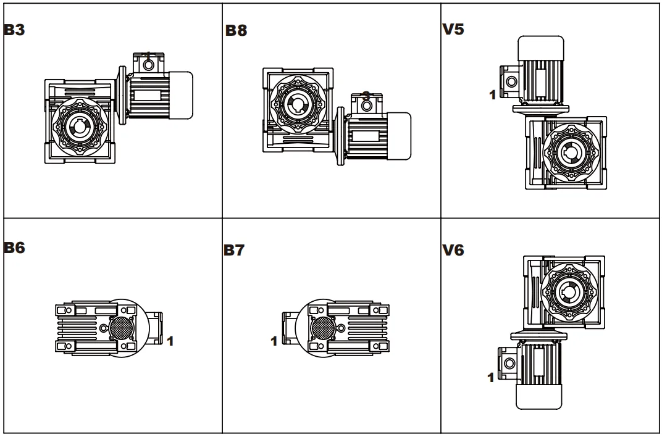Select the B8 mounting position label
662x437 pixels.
[236, 31]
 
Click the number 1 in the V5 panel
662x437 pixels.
[492, 96]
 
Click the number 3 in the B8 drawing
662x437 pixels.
[366, 96]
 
